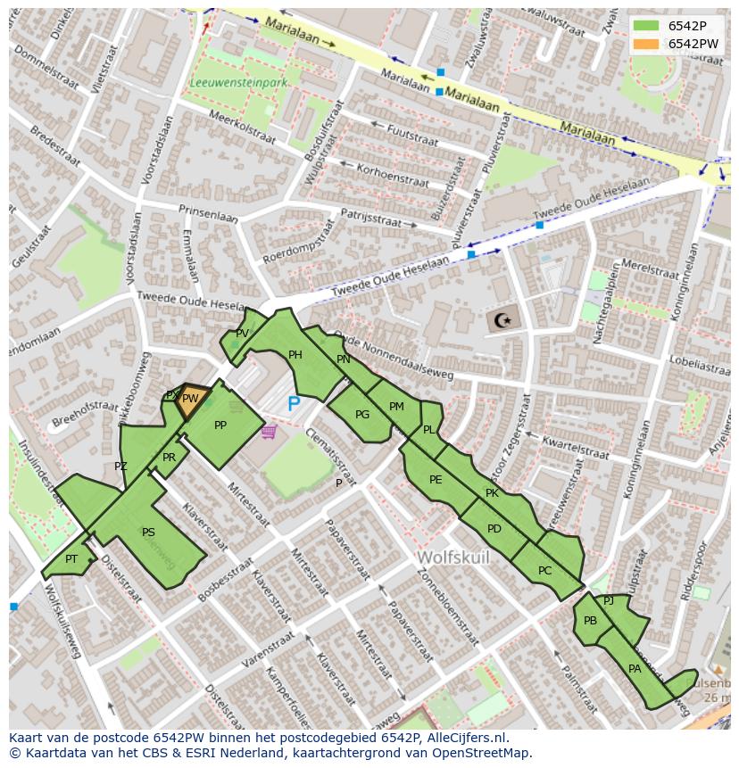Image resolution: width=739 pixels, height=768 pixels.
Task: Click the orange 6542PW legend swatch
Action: click(x=646, y=44)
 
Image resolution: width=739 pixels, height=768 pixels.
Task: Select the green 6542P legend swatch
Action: click(x=646, y=26)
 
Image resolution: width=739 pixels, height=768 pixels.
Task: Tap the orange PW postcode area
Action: click(x=191, y=401)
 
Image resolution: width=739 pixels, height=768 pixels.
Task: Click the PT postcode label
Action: click(x=71, y=559)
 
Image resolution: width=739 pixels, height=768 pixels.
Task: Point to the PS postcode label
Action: click(x=148, y=533)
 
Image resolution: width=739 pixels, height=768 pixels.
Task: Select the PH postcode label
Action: click(x=295, y=355)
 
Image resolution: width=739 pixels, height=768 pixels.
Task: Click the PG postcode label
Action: click(x=362, y=415)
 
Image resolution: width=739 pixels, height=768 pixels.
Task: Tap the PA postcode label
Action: click(x=635, y=669)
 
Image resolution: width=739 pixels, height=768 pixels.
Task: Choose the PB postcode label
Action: click(x=590, y=621)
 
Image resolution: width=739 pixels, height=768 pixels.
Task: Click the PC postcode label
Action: click(x=544, y=571)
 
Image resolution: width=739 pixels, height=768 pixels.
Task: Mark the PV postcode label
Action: click(x=242, y=334)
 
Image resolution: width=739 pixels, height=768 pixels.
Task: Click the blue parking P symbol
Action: click(x=294, y=405)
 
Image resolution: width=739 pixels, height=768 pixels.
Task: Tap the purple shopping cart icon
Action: click(x=269, y=433)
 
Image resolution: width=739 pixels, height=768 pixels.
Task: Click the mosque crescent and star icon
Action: click(x=503, y=319)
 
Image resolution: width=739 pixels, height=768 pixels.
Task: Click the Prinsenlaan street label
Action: click(x=208, y=215)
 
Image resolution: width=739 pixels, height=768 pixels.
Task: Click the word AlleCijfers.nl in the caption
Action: click(x=463, y=739)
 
